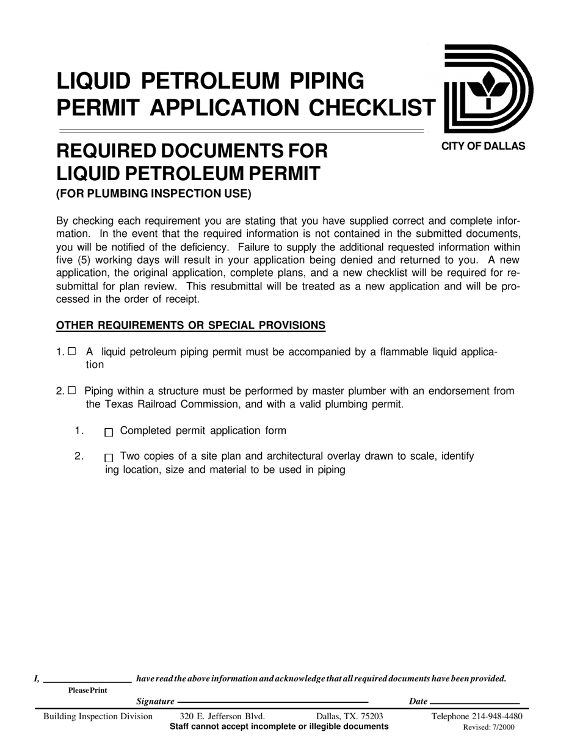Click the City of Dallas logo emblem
click(x=488, y=89)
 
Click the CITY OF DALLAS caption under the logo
click(x=483, y=146)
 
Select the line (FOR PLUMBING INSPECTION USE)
click(x=153, y=194)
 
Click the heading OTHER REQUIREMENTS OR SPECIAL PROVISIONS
click(x=190, y=325)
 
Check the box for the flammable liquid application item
click(x=72, y=351)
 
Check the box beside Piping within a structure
click(x=72, y=390)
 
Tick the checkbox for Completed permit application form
click(x=109, y=432)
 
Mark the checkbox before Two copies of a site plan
click(x=109, y=457)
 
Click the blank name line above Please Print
click(x=87, y=680)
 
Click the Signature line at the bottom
click(x=272, y=703)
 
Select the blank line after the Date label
click(x=474, y=703)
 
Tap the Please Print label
click(x=87, y=691)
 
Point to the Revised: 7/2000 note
click(x=489, y=727)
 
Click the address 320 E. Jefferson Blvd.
click(x=222, y=716)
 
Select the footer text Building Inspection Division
click(x=98, y=716)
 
